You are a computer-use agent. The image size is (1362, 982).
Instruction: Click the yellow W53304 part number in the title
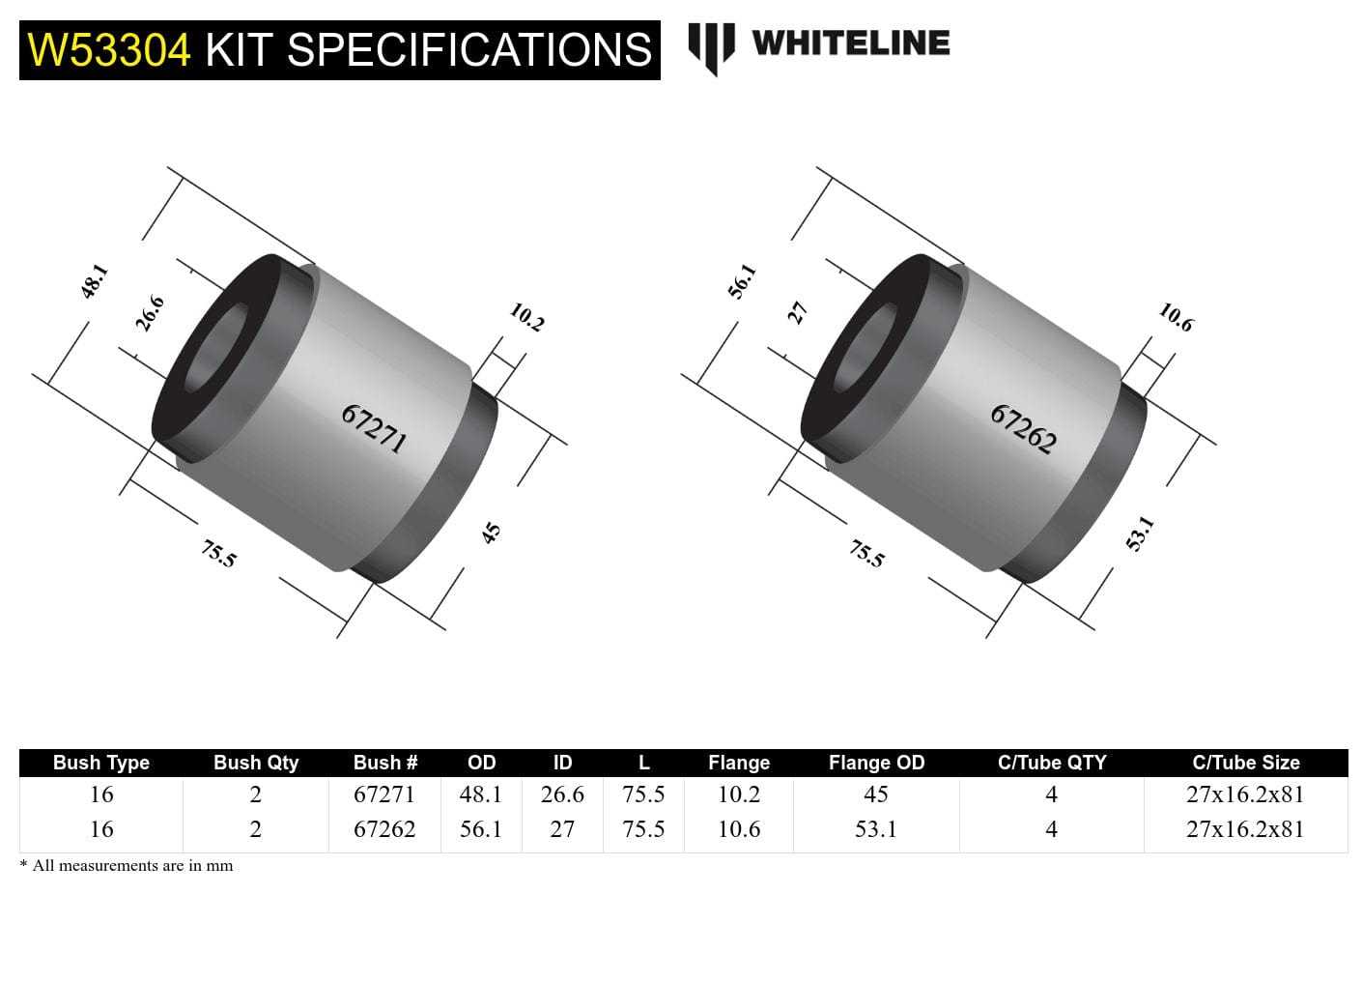tap(109, 50)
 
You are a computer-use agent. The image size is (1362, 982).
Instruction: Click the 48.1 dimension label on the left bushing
tap(94, 281)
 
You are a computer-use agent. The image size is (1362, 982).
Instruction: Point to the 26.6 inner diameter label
tap(150, 313)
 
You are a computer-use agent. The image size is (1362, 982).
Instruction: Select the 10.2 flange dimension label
tap(526, 317)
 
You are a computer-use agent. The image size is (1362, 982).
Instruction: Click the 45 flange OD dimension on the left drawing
tap(492, 533)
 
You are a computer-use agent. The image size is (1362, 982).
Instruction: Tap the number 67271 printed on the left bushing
tap(374, 428)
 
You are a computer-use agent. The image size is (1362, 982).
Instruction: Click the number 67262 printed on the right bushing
tap(1023, 428)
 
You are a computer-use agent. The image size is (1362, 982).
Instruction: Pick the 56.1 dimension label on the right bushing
tap(742, 281)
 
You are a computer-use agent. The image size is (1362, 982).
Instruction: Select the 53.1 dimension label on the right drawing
tap(1140, 533)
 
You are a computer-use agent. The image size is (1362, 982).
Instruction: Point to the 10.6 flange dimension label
tap(1176, 317)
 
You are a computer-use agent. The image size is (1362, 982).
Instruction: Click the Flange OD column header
tap(876, 763)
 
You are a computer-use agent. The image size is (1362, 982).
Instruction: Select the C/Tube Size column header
tap(1245, 763)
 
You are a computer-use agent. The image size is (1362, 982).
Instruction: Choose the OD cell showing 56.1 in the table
tap(481, 829)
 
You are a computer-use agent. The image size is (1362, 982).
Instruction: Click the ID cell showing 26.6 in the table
tap(562, 794)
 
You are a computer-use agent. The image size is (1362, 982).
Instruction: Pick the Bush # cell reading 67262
tap(384, 829)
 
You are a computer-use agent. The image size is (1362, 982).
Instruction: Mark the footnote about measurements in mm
tap(127, 866)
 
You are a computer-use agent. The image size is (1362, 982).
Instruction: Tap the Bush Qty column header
tap(256, 763)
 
